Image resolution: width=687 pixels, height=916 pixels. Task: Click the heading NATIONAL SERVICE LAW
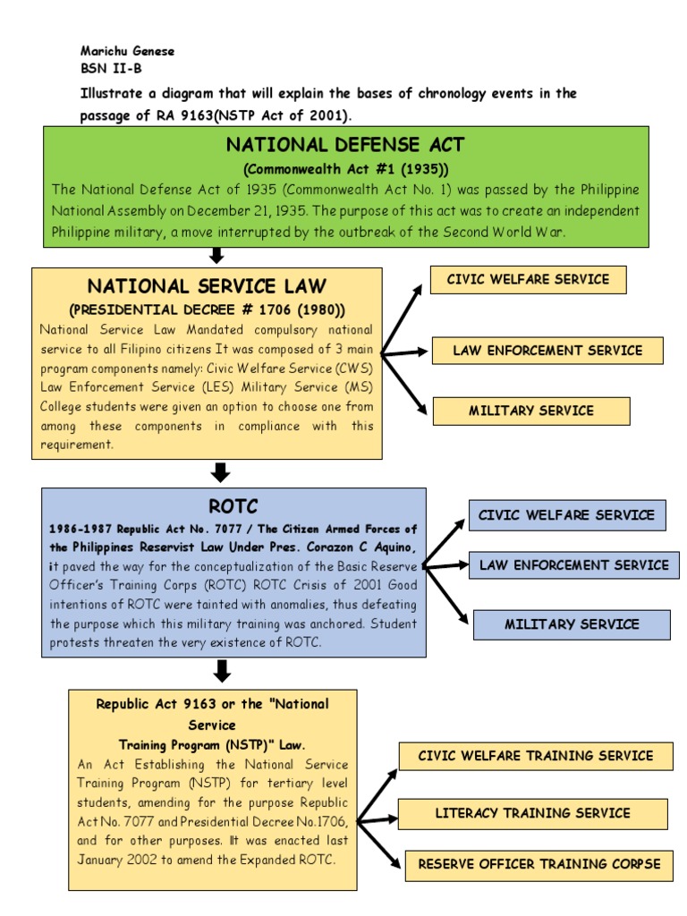click(207, 286)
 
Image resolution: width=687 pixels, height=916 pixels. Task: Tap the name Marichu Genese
click(127, 51)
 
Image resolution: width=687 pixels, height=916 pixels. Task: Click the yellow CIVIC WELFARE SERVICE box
click(528, 280)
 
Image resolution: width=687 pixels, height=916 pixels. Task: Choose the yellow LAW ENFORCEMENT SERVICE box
click(547, 351)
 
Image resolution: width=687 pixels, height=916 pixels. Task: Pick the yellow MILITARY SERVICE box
click(530, 411)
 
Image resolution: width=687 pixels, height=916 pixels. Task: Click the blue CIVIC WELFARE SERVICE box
click(566, 515)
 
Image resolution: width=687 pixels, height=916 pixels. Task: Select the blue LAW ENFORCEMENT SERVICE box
click(573, 565)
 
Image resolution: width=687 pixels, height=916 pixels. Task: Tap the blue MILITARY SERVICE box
click(572, 624)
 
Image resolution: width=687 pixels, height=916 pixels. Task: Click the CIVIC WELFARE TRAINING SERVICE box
click(535, 756)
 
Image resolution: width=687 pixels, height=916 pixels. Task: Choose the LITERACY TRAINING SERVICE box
click(532, 814)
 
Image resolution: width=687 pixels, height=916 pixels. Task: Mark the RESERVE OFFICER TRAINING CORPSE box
click(539, 864)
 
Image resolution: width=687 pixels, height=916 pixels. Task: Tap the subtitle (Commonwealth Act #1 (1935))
click(345, 169)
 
